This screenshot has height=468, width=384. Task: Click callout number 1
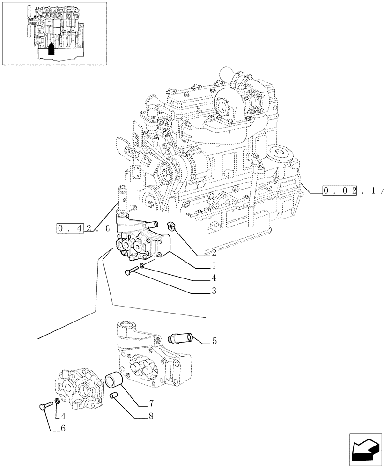pos(213,266)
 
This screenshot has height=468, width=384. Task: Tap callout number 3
pos(213,291)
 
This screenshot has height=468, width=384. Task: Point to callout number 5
pos(214,341)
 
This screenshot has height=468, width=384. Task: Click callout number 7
pos(151,402)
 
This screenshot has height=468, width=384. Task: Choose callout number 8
pos(151,415)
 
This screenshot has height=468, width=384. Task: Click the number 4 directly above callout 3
pos(213,278)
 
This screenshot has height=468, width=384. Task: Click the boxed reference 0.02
pos(340,190)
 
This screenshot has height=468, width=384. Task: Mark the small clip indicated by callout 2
pos(172,227)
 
